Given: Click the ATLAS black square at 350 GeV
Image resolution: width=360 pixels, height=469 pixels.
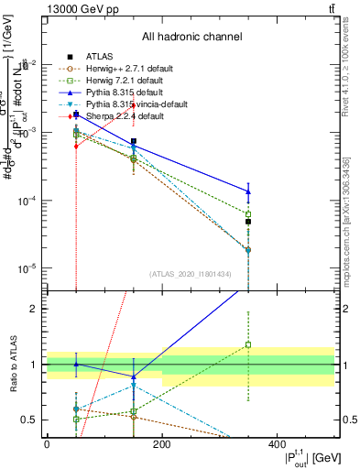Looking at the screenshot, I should [x=248, y=222].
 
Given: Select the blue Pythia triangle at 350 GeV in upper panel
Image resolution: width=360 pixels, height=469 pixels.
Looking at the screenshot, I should [x=248, y=191].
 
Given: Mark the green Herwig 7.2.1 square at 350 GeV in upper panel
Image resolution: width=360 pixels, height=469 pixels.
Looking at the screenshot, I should [x=248, y=214].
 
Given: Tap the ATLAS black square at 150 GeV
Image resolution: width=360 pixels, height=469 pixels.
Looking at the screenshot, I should [x=134, y=142].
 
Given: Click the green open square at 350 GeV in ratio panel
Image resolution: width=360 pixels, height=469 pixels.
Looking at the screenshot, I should [x=248, y=345].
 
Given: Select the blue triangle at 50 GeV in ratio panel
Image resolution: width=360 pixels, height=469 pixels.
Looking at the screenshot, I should [x=76, y=364].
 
